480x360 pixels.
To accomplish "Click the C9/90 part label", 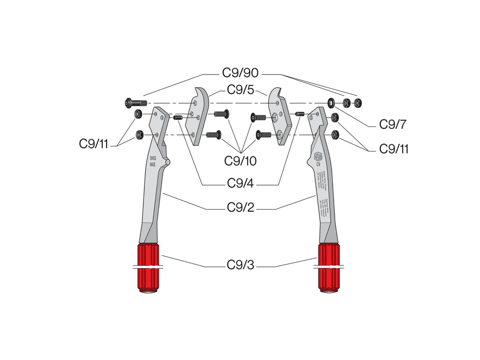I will tap(240, 74).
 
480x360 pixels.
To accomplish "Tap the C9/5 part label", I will tap(240, 90).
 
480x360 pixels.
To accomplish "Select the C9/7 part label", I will tap(392, 124).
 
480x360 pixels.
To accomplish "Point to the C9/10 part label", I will tap(240, 161).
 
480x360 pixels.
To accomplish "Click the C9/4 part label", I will tap(240, 183).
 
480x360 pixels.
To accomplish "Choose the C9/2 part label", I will tap(240, 207).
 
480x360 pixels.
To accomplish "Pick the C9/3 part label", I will tap(240, 265).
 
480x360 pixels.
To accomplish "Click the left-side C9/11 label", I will tap(94, 144).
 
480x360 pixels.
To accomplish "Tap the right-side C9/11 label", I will tap(394, 149).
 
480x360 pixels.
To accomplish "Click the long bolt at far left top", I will tap(135, 103).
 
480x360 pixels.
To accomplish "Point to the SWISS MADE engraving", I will tap(153, 162).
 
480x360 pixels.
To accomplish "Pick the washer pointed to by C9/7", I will tap(331, 102).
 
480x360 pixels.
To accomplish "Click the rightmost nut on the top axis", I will tap(359, 103).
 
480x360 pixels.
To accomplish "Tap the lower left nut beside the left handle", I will tap(139, 135).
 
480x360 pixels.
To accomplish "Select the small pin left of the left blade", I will tap(178, 118).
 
